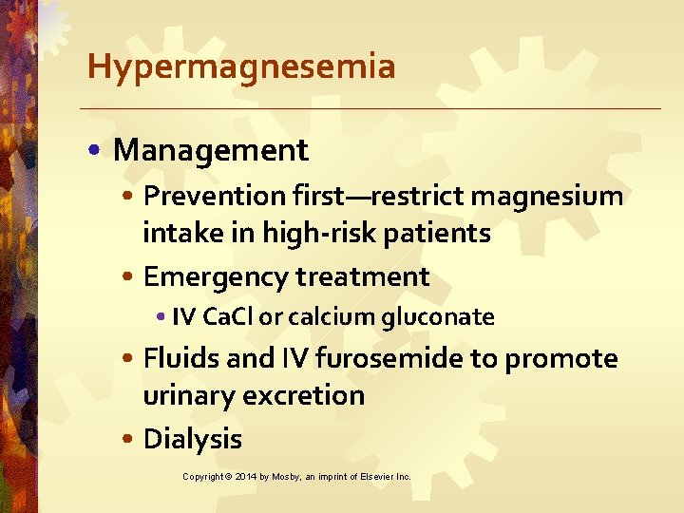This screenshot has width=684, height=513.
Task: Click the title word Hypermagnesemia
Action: [240, 67]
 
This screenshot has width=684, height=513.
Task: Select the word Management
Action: [211, 150]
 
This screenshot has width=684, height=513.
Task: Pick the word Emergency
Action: [216, 277]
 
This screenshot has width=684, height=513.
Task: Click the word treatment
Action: [363, 277]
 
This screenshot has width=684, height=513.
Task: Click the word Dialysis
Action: [192, 439]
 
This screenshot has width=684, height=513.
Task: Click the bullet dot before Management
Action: [99, 151]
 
